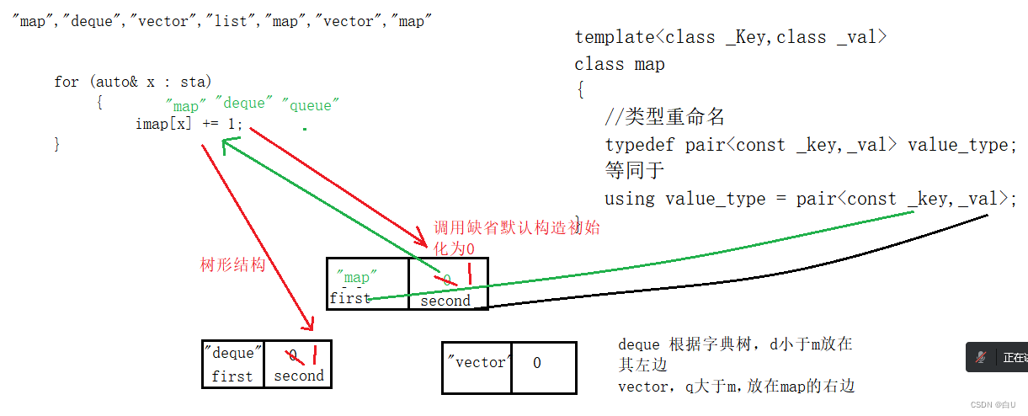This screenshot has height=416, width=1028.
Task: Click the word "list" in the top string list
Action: [x=230, y=21]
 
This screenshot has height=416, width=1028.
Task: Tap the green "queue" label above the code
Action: [x=311, y=105]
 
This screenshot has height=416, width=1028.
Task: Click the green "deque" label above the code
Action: [x=243, y=103]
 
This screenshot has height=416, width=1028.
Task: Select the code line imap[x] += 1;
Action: [x=189, y=124]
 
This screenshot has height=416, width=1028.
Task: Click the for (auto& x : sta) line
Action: [x=133, y=82]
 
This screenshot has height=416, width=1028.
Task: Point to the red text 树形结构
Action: [x=233, y=264]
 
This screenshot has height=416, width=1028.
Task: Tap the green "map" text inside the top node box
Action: [x=354, y=277]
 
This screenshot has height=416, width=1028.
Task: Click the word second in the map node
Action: [x=445, y=301]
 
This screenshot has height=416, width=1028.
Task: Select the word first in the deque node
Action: [x=232, y=376]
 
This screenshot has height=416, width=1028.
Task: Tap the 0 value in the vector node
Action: [x=537, y=362]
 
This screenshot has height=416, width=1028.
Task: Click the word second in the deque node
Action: [x=298, y=376]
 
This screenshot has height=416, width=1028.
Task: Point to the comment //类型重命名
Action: [x=665, y=117]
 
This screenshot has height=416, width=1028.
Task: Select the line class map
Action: [x=620, y=64]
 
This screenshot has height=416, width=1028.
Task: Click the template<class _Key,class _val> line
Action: [x=731, y=37]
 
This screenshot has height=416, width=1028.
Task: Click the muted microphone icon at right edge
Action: [x=981, y=357]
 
